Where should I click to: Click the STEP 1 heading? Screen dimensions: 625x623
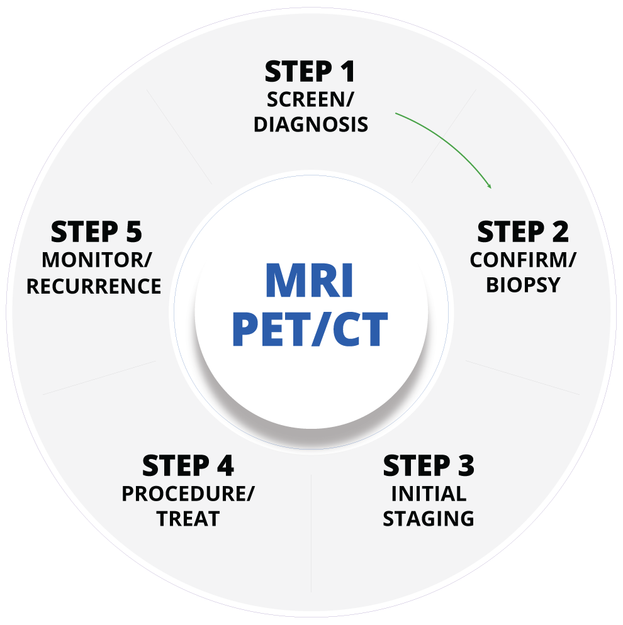coord(310,72)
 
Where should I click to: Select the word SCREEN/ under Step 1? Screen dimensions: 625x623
coord(310,99)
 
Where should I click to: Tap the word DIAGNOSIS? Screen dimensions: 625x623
coord(310,124)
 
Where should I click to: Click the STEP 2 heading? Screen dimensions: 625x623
coord(522,233)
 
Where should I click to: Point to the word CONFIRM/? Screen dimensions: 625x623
coord(523,260)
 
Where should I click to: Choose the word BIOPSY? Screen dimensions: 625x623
coord(523,285)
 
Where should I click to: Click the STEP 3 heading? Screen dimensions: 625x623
coord(429,467)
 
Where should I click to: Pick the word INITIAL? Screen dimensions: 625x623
coord(429,494)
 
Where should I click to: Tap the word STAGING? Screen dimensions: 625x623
coord(429,519)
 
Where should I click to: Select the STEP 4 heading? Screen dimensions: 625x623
coord(188,467)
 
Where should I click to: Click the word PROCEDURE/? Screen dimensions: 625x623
coord(188,494)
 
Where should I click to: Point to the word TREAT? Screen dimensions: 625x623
coord(188,519)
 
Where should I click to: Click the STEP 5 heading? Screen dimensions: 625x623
coord(96,233)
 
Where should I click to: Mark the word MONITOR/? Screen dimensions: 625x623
coord(96,260)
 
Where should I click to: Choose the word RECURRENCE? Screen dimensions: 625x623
coord(94,286)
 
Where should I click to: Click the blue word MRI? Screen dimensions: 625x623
coord(310,282)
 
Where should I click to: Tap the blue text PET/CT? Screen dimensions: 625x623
coord(310,329)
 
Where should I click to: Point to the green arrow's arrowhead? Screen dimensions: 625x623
coord(489,186)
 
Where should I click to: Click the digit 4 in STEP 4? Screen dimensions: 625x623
coord(225,467)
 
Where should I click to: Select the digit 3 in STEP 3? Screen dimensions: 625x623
coord(465,467)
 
